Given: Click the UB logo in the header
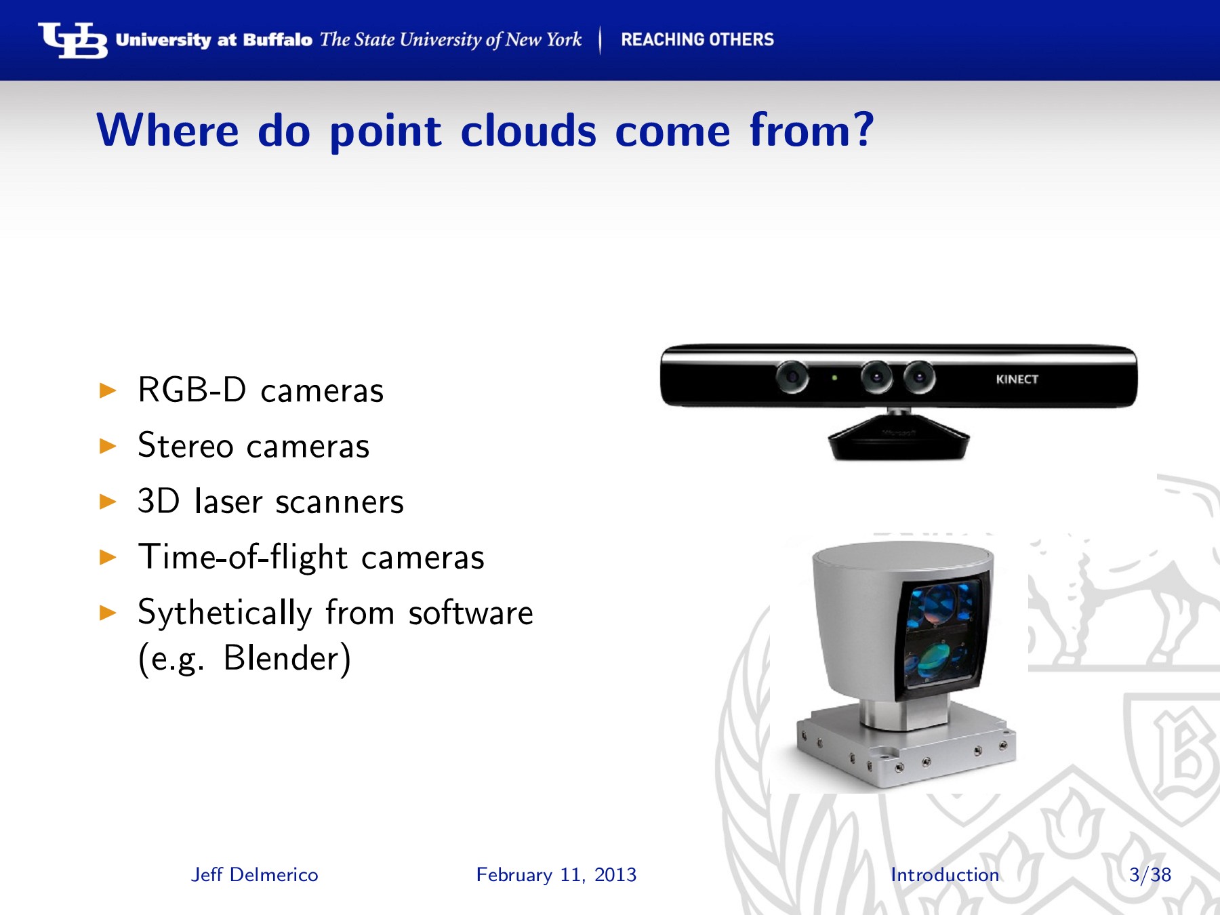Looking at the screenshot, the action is coord(73,41).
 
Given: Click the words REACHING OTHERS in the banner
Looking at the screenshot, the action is coord(697,40).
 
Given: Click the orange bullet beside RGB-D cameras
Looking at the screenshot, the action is coord(108,390).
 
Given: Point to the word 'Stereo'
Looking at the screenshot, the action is coord(186,446).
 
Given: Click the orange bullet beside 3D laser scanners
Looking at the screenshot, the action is coord(108,502).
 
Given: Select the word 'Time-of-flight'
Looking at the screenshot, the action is coord(243,558).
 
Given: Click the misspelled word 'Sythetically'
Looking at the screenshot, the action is coord(224,613).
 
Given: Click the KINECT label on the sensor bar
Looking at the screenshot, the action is coord(1017,380).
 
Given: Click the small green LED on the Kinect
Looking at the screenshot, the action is coord(834,378).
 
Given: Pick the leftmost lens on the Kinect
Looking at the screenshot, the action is coord(792,377).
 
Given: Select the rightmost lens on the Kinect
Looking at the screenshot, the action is coord(919,377).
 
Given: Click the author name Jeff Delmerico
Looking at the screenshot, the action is coord(254,875).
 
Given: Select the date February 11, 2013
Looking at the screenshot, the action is coord(556,875).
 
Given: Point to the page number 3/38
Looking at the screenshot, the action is coord(1150,875).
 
